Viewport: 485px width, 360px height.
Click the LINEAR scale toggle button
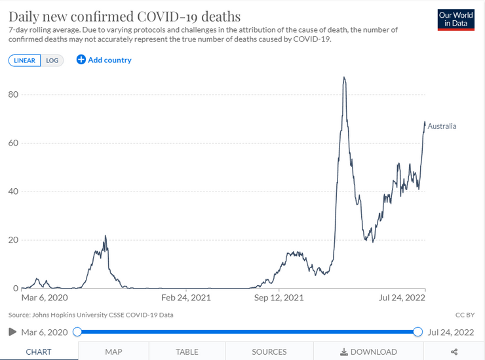click(x=24, y=60)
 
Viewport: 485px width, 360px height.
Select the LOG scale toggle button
click(x=52, y=60)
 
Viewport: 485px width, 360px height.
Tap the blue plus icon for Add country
click(x=81, y=60)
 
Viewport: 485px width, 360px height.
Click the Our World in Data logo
click(x=456, y=20)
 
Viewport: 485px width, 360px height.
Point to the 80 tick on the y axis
click(x=13, y=94)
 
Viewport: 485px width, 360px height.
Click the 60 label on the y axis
click(x=13, y=143)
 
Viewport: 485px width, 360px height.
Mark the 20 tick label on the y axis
click(x=13, y=240)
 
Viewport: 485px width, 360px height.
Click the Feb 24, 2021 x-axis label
click(x=186, y=298)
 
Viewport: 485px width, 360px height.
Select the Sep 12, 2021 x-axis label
click(x=279, y=298)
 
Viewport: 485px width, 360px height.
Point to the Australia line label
click(x=442, y=126)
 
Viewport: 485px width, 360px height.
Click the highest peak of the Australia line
click(x=344, y=77)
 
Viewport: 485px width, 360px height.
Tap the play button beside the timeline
click(x=12, y=332)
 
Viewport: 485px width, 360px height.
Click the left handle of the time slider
click(x=77, y=332)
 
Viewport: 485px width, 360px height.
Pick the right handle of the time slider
click(x=417, y=332)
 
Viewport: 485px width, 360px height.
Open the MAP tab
click(x=113, y=351)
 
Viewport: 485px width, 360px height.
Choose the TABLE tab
click(x=187, y=351)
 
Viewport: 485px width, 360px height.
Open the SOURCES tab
click(x=269, y=351)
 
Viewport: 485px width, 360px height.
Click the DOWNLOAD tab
click(x=368, y=351)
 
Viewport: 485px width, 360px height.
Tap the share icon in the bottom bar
click(x=454, y=351)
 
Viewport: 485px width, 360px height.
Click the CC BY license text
click(x=465, y=315)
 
